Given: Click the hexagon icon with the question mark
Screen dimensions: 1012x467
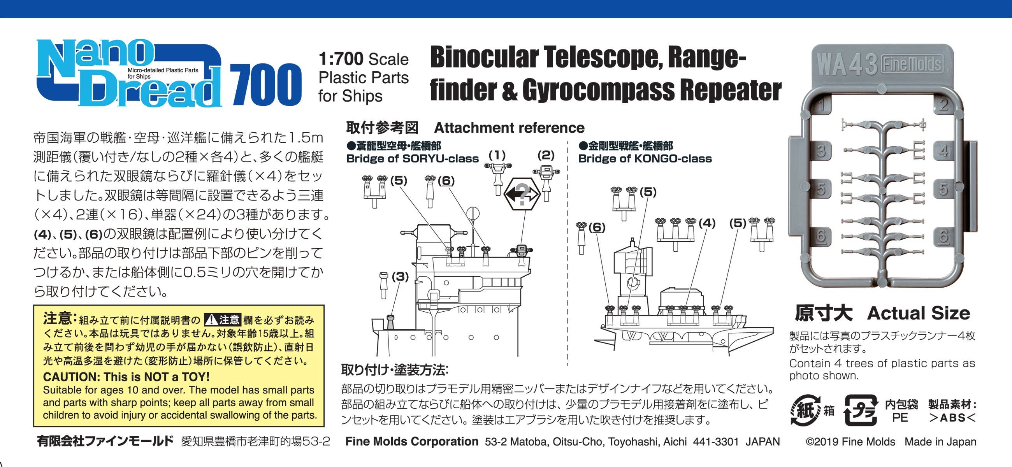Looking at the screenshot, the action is pos(522,194).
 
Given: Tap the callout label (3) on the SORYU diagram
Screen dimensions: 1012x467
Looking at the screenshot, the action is pos(400,277).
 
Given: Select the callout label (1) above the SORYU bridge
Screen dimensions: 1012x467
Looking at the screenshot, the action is pos(497,155).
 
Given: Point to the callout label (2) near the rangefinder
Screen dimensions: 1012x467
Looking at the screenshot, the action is pos(546,155).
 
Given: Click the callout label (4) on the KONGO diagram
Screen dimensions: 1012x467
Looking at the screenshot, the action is pos(707,223).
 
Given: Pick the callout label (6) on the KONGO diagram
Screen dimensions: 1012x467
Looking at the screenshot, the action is pos(597,227).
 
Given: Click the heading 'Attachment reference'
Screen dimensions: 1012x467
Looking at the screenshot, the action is pos(509,128).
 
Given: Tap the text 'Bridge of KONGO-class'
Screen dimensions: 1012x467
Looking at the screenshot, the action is pos(645,159).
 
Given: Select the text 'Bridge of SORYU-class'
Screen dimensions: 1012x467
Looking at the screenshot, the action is pos(413,159).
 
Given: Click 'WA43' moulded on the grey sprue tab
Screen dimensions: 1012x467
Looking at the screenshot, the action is pos(847,64).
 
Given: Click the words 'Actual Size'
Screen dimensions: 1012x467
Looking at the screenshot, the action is pos(919,313).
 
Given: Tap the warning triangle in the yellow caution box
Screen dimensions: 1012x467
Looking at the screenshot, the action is pos(212,320).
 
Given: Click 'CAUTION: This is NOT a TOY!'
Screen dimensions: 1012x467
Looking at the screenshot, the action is pos(126,377).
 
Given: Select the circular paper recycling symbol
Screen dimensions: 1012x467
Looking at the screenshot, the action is pos(805,411).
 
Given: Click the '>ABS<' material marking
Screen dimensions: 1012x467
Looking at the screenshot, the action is pos(952,418).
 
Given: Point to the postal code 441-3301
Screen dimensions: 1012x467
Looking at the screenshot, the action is pos(716,442).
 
